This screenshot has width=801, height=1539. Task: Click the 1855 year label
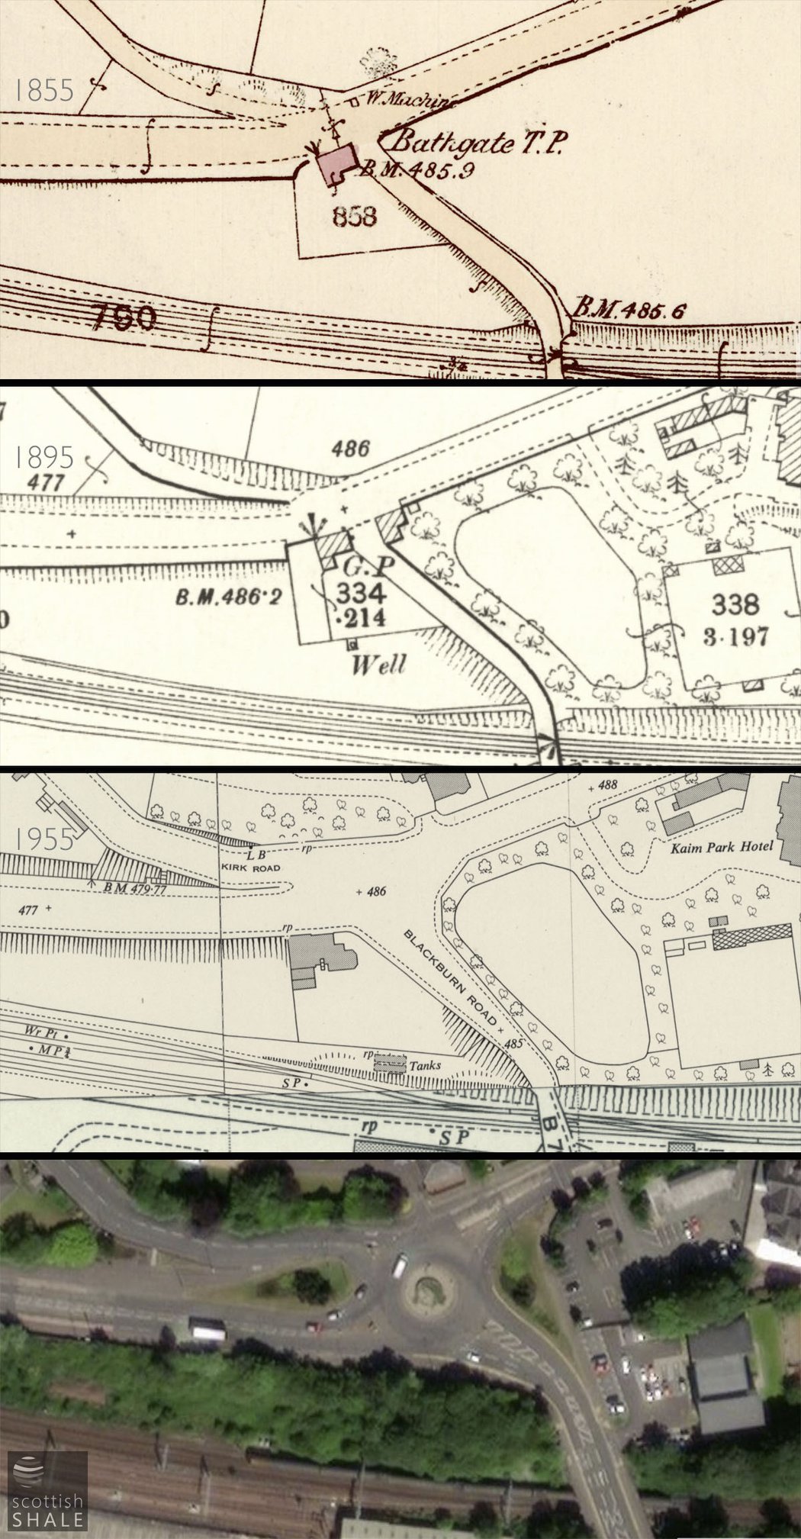[44, 91]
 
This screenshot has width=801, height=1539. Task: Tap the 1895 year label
[44, 457]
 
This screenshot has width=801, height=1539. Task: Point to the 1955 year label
[44, 839]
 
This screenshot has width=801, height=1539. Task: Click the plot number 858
[355, 217]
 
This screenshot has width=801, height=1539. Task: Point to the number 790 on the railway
[124, 317]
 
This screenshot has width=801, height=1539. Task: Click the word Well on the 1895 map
[378, 665]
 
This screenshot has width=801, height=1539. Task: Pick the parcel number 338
[735, 604]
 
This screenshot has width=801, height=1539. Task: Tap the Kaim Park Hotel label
[721, 846]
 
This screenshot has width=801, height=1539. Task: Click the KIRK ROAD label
[251, 868]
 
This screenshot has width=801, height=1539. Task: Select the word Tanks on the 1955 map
[425, 1065]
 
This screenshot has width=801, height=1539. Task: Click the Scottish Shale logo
[47, 1490]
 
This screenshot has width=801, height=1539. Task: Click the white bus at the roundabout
[398, 1266]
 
